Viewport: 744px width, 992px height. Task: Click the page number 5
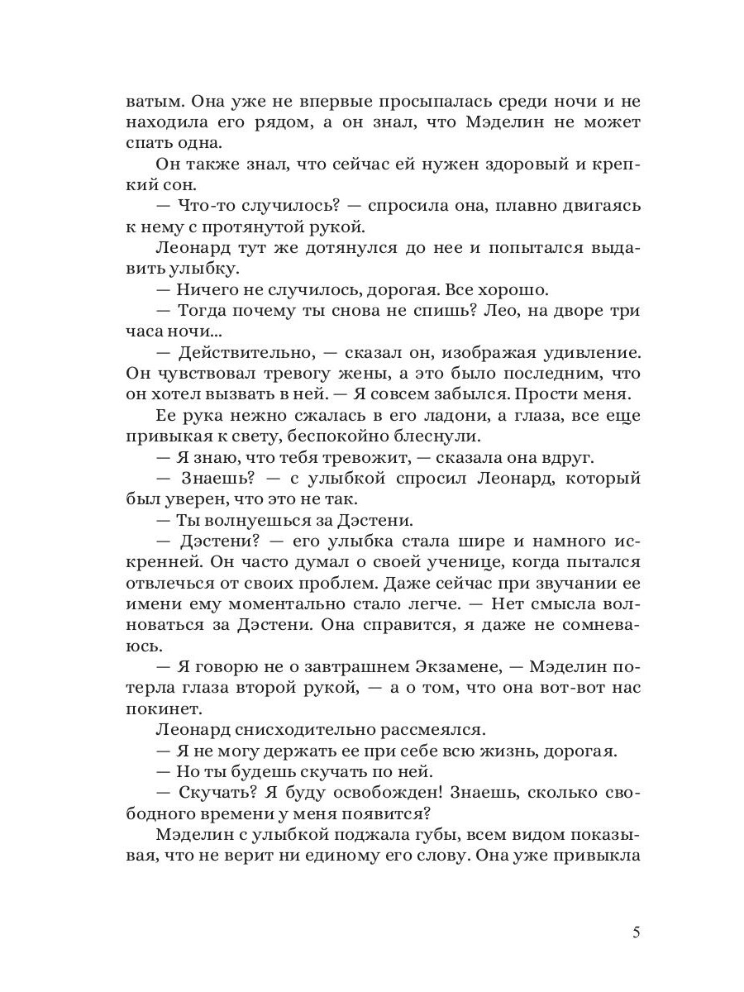[x=636, y=932]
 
